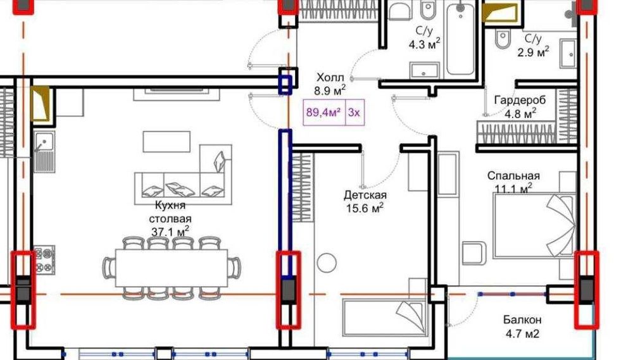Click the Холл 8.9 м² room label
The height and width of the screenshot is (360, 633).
coord(330,84)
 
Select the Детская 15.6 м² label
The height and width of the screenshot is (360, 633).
coord(365,202)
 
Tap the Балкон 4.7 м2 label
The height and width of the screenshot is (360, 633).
coord(523,326)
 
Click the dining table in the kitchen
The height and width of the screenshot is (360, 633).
coord(171,268)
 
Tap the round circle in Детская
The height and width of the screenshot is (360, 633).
coord(328,262)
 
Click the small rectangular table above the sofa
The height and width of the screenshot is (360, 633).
coord(166,141)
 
